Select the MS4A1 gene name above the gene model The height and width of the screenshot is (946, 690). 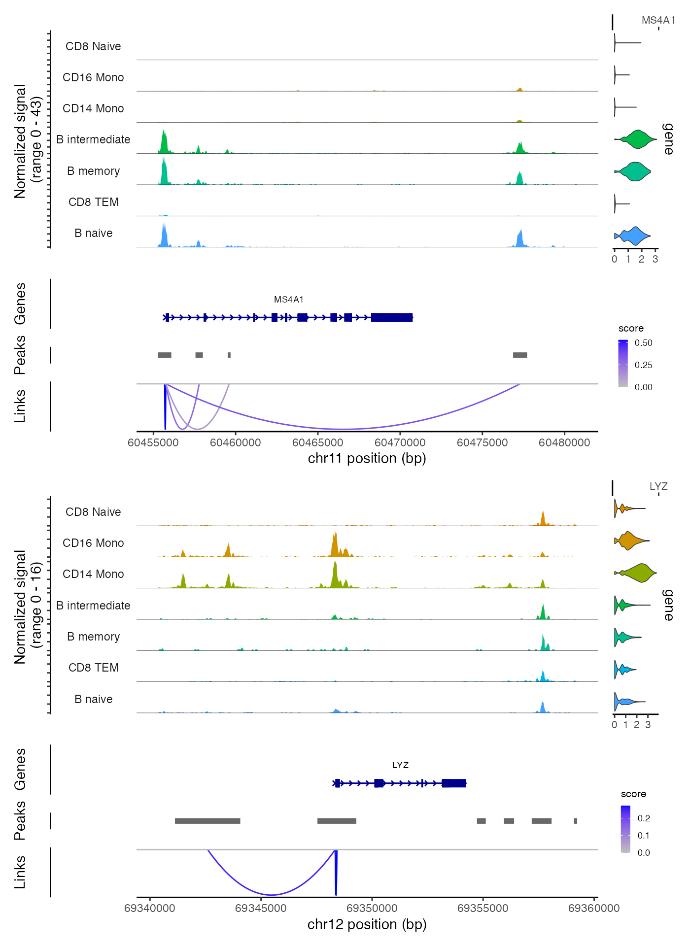(289, 300)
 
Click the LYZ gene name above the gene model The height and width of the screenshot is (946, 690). (400, 765)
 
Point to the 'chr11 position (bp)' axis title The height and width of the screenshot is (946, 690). (367, 458)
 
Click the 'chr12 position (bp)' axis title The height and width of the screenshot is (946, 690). (367, 924)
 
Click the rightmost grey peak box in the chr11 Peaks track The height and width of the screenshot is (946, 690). (520, 355)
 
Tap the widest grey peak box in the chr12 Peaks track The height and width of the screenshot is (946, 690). (207, 821)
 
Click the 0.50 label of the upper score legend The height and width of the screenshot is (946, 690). (643, 343)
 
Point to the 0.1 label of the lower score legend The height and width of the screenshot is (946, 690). (644, 836)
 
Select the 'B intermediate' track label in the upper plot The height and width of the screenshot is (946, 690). (93, 140)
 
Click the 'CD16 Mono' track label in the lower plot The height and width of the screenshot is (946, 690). (93, 543)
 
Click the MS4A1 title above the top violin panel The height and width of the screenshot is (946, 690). (658, 20)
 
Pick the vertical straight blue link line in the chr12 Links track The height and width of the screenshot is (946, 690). (336, 872)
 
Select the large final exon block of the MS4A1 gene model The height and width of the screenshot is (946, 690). (392, 317)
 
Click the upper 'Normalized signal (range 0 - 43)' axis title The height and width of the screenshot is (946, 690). (28, 141)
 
